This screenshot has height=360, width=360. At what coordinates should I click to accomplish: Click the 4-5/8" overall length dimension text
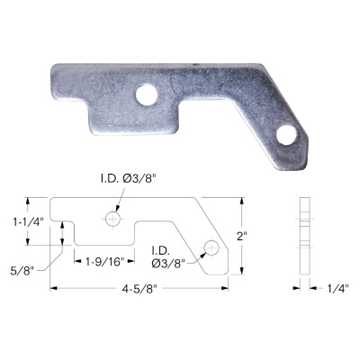[x=139, y=289]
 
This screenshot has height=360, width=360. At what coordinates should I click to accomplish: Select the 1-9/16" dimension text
[x=104, y=262]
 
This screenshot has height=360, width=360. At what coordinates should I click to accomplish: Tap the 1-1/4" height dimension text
[x=29, y=222]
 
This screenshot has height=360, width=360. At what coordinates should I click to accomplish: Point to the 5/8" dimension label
[x=23, y=272]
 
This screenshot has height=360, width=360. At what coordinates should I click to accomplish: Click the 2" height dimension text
[x=241, y=236]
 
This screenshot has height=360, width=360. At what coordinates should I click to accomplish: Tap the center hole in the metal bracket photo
[x=147, y=94]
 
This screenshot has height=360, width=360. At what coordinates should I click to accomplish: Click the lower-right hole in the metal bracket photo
[x=287, y=136]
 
